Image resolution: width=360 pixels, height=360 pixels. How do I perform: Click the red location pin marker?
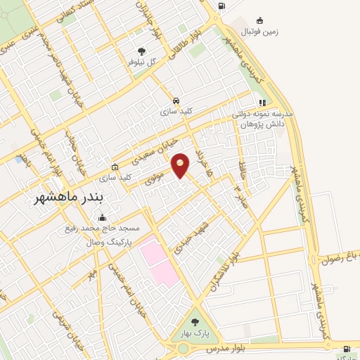181,165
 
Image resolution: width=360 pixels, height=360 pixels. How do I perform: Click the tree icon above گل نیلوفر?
142,51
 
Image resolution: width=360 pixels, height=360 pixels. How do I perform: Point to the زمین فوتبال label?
261,32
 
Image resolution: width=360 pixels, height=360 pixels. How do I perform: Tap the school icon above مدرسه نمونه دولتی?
262,102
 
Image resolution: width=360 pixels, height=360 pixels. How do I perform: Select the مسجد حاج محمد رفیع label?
101,229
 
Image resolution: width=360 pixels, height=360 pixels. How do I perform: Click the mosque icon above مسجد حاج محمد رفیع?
103,217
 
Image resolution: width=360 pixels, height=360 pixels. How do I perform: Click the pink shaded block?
159,262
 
